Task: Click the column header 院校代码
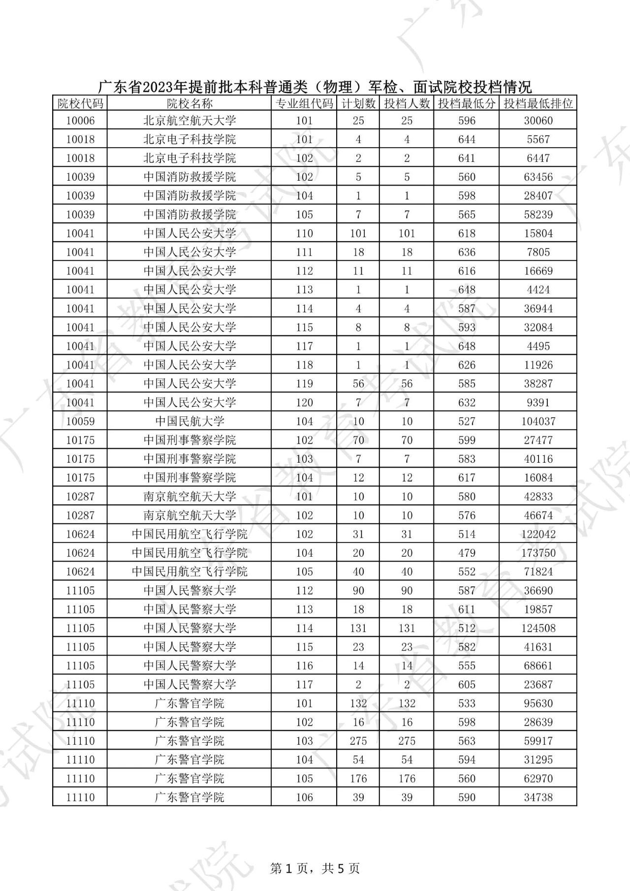tap(80, 103)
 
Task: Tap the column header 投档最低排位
tap(538, 103)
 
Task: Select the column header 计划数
tap(358, 103)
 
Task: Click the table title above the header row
tap(315, 87)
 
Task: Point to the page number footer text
tap(315, 868)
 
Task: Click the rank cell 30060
tap(538, 121)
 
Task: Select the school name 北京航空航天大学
tap(189, 121)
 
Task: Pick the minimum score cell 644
tap(467, 139)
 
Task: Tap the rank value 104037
tap(538, 421)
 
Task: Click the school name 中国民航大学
tap(189, 421)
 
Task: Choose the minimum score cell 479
tap(467, 553)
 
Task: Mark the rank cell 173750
tap(538, 553)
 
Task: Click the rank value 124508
tap(538, 628)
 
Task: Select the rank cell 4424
tap(538, 289)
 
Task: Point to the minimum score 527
tap(467, 421)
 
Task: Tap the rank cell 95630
tap(538, 703)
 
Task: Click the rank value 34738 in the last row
tap(538, 797)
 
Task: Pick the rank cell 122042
tap(538, 534)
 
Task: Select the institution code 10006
tap(80, 121)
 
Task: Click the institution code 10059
tap(80, 421)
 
